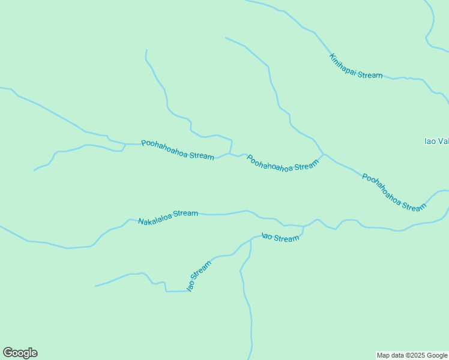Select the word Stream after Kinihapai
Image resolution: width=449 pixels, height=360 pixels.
coord(370,75)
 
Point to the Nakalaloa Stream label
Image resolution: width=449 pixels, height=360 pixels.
coord(168,217)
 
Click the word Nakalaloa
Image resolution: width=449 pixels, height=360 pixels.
coord(155,219)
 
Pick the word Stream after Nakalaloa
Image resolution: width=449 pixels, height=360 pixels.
coord(186,214)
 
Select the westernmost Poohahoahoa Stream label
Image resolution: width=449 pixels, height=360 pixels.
coord(178,150)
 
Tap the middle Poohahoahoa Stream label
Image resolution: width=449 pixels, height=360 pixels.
coord(282,164)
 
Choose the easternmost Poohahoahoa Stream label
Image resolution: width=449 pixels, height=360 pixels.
coord(394,192)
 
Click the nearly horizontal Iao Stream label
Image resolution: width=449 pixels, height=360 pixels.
coord(280,238)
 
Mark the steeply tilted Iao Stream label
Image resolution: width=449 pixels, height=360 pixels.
coord(199,276)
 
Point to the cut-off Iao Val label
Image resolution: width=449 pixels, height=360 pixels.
coord(436,142)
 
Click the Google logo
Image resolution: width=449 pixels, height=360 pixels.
coord(20,353)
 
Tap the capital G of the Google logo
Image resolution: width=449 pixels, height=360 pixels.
coord(8,352)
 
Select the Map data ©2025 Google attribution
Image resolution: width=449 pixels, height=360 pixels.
coord(412,355)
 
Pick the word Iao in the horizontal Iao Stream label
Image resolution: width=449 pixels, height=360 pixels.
coord(267,236)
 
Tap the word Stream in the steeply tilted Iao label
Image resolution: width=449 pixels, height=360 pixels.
coord(203,270)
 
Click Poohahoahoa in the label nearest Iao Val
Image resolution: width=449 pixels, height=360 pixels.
coord(382,185)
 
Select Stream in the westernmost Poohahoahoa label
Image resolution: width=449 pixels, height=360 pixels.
coord(202,155)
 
